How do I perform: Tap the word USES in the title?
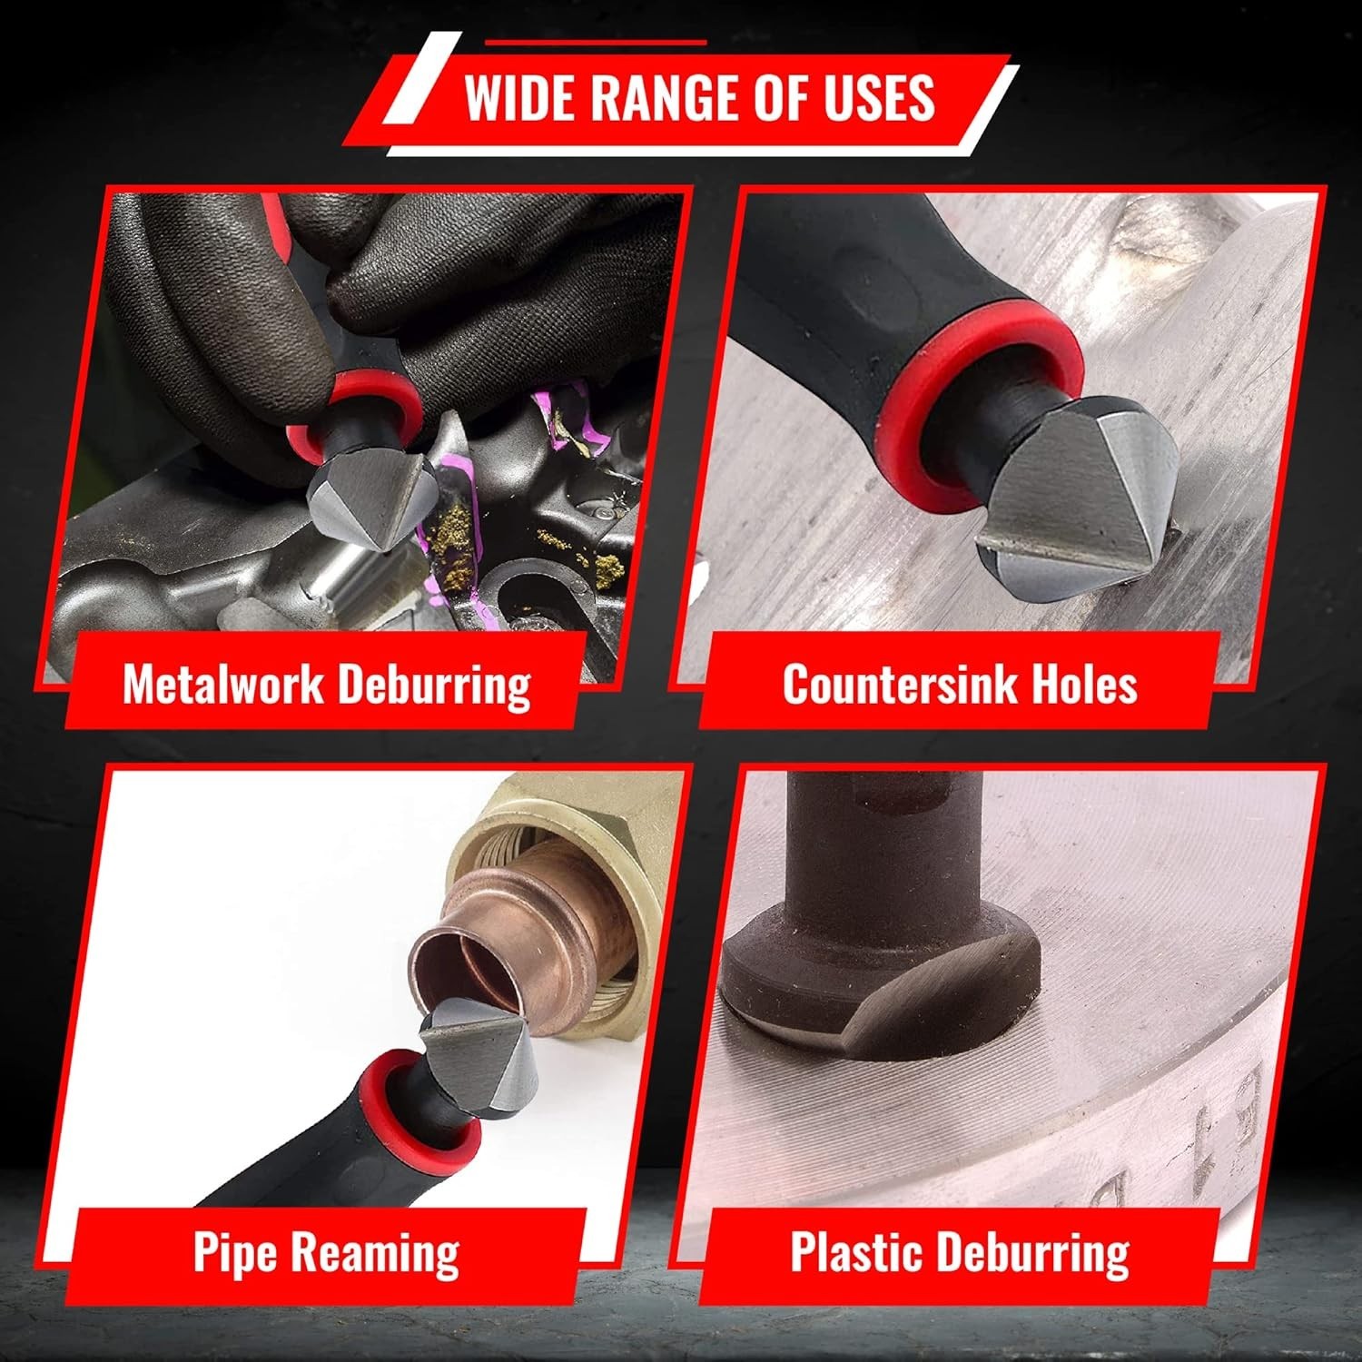879,97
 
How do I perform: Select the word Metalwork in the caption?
222,684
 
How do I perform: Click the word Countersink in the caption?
899,684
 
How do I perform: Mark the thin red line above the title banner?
596,42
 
